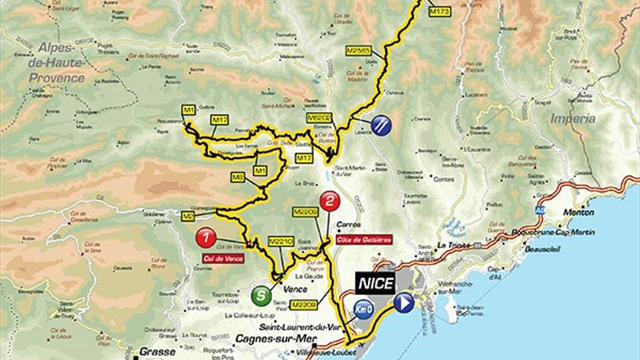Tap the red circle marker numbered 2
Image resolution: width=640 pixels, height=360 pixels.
330,201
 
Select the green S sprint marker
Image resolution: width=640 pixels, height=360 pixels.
261,296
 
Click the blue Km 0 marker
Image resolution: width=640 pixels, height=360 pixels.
364,309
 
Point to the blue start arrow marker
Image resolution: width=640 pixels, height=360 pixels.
404,303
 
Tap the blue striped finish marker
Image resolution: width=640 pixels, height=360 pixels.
381,126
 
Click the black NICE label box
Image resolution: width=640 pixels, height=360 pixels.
376,283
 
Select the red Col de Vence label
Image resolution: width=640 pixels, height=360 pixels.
224,258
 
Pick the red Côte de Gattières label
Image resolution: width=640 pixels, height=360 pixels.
364,240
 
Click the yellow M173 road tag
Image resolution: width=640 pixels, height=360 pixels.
440,12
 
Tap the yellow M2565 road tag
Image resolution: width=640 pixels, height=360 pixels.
359,51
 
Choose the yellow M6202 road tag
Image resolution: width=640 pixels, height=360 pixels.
319,118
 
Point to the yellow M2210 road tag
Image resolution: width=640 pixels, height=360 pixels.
281,242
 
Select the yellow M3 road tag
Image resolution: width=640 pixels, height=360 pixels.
238,177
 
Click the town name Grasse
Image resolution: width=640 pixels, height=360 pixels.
157,352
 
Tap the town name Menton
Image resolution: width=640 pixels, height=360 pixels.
579,212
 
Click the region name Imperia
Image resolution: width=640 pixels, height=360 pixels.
573,119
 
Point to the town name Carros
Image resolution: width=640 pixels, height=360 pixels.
349,225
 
